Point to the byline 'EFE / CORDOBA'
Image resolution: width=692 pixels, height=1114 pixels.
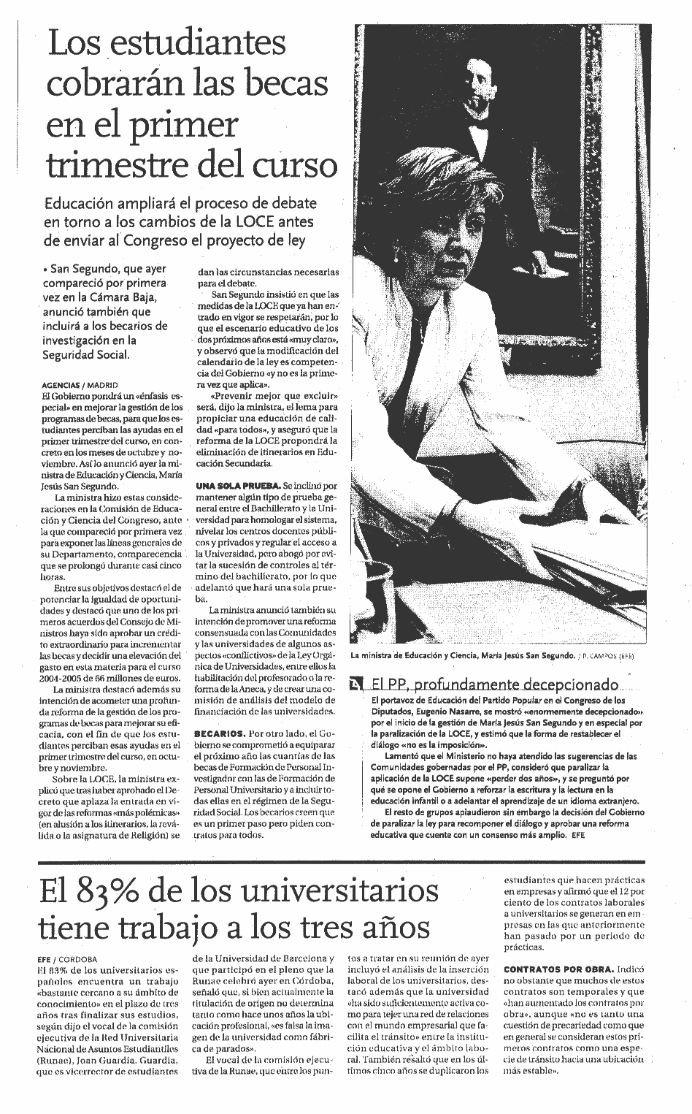(x=66, y=959)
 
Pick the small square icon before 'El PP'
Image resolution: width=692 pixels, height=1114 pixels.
(x=355, y=684)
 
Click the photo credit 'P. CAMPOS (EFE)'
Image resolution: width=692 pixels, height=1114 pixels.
(x=607, y=656)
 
